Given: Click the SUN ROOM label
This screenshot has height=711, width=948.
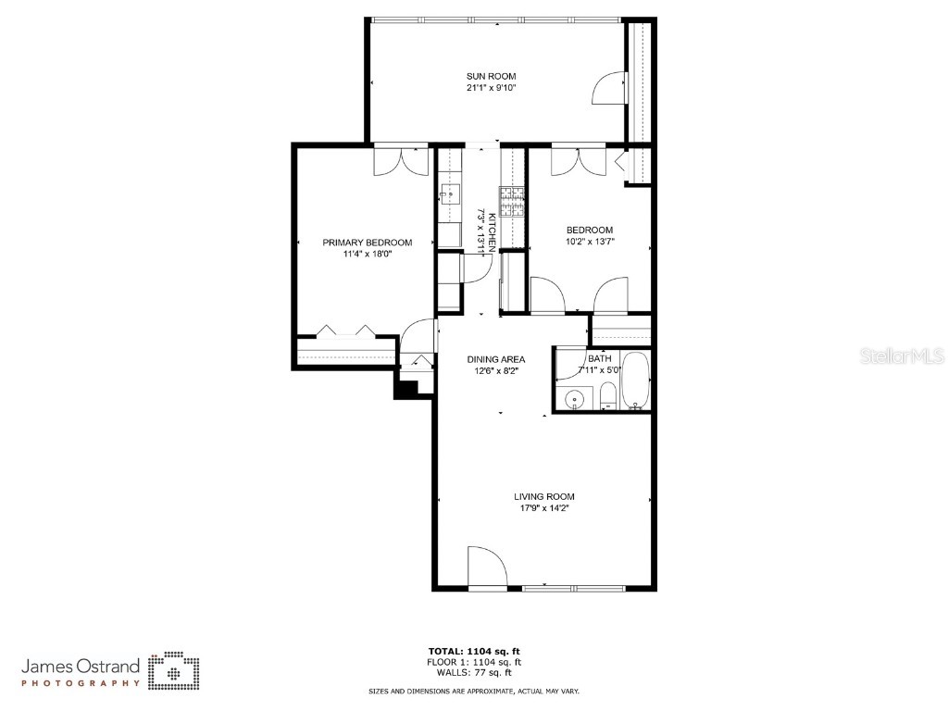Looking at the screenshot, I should (x=491, y=77).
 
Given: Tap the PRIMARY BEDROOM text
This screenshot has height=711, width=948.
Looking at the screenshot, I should (x=367, y=243).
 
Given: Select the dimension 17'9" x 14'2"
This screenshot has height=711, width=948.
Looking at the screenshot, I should (x=543, y=508).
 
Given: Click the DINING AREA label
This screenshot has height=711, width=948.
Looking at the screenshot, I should (x=496, y=359).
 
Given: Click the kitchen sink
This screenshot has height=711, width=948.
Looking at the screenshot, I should (x=450, y=193).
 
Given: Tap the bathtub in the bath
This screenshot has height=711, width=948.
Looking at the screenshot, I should (x=636, y=381).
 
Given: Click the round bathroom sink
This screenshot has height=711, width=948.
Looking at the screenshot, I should (x=575, y=401).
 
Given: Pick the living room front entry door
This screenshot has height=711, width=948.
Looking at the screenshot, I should (x=487, y=567).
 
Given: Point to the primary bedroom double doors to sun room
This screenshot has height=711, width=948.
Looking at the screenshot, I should (x=401, y=161).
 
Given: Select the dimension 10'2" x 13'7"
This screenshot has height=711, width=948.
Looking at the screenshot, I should (x=590, y=242).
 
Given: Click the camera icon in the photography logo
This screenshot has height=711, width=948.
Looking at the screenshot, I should (x=176, y=670).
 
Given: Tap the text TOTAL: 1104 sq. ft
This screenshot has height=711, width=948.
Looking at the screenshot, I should (x=474, y=651).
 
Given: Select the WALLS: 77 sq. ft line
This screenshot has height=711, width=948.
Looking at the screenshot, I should (x=474, y=673).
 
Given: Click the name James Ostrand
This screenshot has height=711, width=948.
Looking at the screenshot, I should (x=81, y=666).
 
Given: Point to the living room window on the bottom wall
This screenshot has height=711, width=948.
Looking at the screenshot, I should (x=575, y=588).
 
